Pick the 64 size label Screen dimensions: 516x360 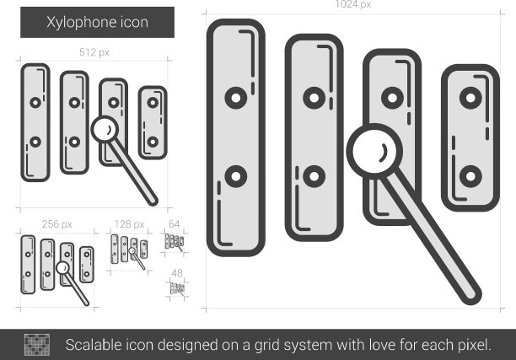click(x=174, y=224)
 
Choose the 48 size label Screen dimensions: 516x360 click(x=177, y=273)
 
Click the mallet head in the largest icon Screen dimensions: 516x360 click(x=374, y=152)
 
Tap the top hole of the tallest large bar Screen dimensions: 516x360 click(x=236, y=98)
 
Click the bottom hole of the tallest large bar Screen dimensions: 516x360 click(x=236, y=176)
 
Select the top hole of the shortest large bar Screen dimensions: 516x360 click(x=470, y=98)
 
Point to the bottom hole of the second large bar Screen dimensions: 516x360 click(x=314, y=176)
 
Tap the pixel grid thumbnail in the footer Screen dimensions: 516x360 click(x=37, y=345)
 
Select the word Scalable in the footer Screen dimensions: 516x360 click(x=94, y=345)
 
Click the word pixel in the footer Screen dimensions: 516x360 click(x=474, y=345)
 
